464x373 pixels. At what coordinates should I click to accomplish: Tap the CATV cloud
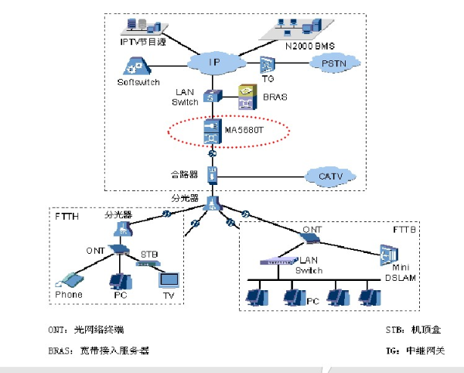(x=331, y=176)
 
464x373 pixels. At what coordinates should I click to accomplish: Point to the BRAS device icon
(x=247, y=98)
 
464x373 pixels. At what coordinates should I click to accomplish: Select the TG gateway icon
(x=266, y=64)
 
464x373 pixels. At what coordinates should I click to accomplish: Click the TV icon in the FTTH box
(x=169, y=279)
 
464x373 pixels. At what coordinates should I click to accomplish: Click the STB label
(x=148, y=254)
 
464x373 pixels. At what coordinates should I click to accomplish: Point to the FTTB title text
(x=405, y=231)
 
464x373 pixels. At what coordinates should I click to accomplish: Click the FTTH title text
(x=67, y=217)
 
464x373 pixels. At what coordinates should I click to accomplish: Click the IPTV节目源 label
(x=142, y=42)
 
